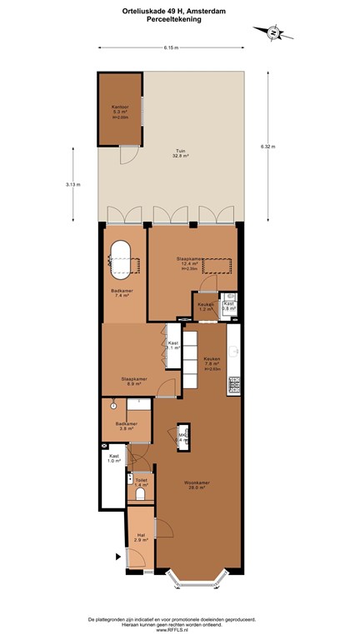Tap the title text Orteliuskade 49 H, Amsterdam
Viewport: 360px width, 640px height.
click(180, 11)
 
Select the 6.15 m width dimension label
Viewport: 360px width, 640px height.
click(172, 47)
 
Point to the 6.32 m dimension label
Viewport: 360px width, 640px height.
click(267, 147)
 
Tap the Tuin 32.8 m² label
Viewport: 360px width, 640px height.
click(179, 153)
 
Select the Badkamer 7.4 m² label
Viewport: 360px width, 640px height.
click(122, 292)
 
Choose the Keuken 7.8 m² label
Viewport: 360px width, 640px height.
click(212, 361)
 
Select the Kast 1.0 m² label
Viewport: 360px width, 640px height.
click(113, 458)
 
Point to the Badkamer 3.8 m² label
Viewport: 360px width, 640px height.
click(127, 427)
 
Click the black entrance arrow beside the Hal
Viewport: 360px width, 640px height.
click(117, 556)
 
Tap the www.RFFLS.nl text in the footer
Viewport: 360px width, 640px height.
click(180, 631)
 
